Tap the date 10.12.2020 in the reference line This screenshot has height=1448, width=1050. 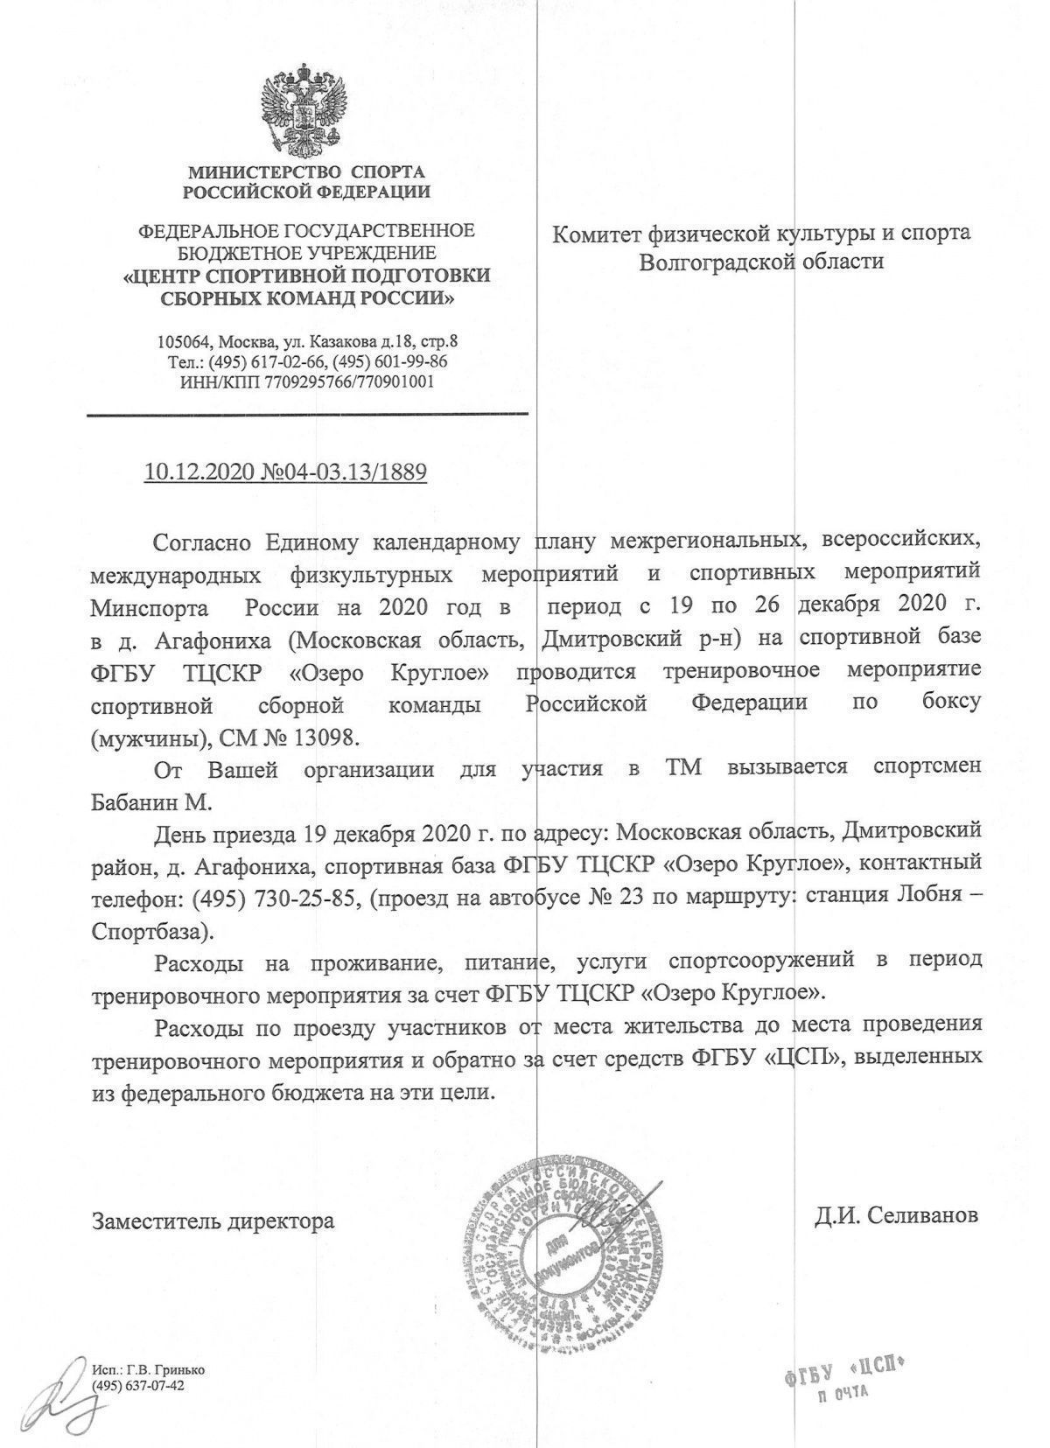199,473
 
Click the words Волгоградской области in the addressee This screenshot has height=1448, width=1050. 761,261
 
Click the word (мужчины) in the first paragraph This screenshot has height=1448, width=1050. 145,737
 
